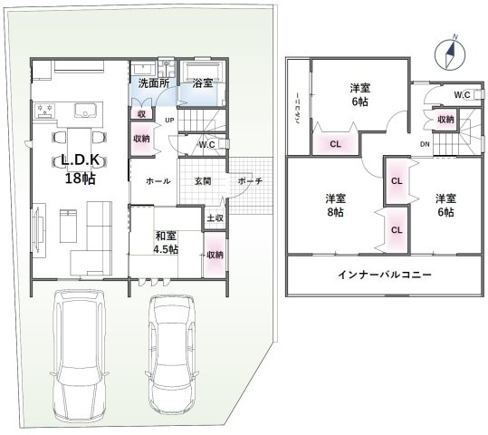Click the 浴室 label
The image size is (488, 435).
click(203, 84)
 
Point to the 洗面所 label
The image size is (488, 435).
click(153, 84)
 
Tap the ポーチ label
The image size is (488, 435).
click(250, 181)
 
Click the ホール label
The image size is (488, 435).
click(158, 181)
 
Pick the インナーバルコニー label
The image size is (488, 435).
click(384, 275)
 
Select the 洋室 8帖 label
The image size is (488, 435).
click(336, 205)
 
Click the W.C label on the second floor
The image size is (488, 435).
click(461, 95)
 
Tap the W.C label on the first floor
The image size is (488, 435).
click(206, 144)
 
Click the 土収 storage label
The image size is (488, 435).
click(215, 217)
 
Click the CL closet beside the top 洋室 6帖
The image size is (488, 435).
click(335, 143)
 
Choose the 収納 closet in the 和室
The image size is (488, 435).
click(215, 254)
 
